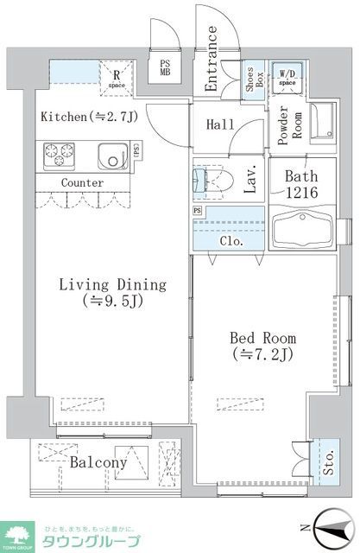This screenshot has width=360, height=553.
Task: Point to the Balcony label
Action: [98, 463]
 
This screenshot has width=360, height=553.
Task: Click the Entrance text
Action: [212, 59]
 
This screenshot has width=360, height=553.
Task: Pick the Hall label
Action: [221, 124]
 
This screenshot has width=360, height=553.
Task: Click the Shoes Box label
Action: [254, 81]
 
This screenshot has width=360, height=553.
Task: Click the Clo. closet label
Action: [231, 242]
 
